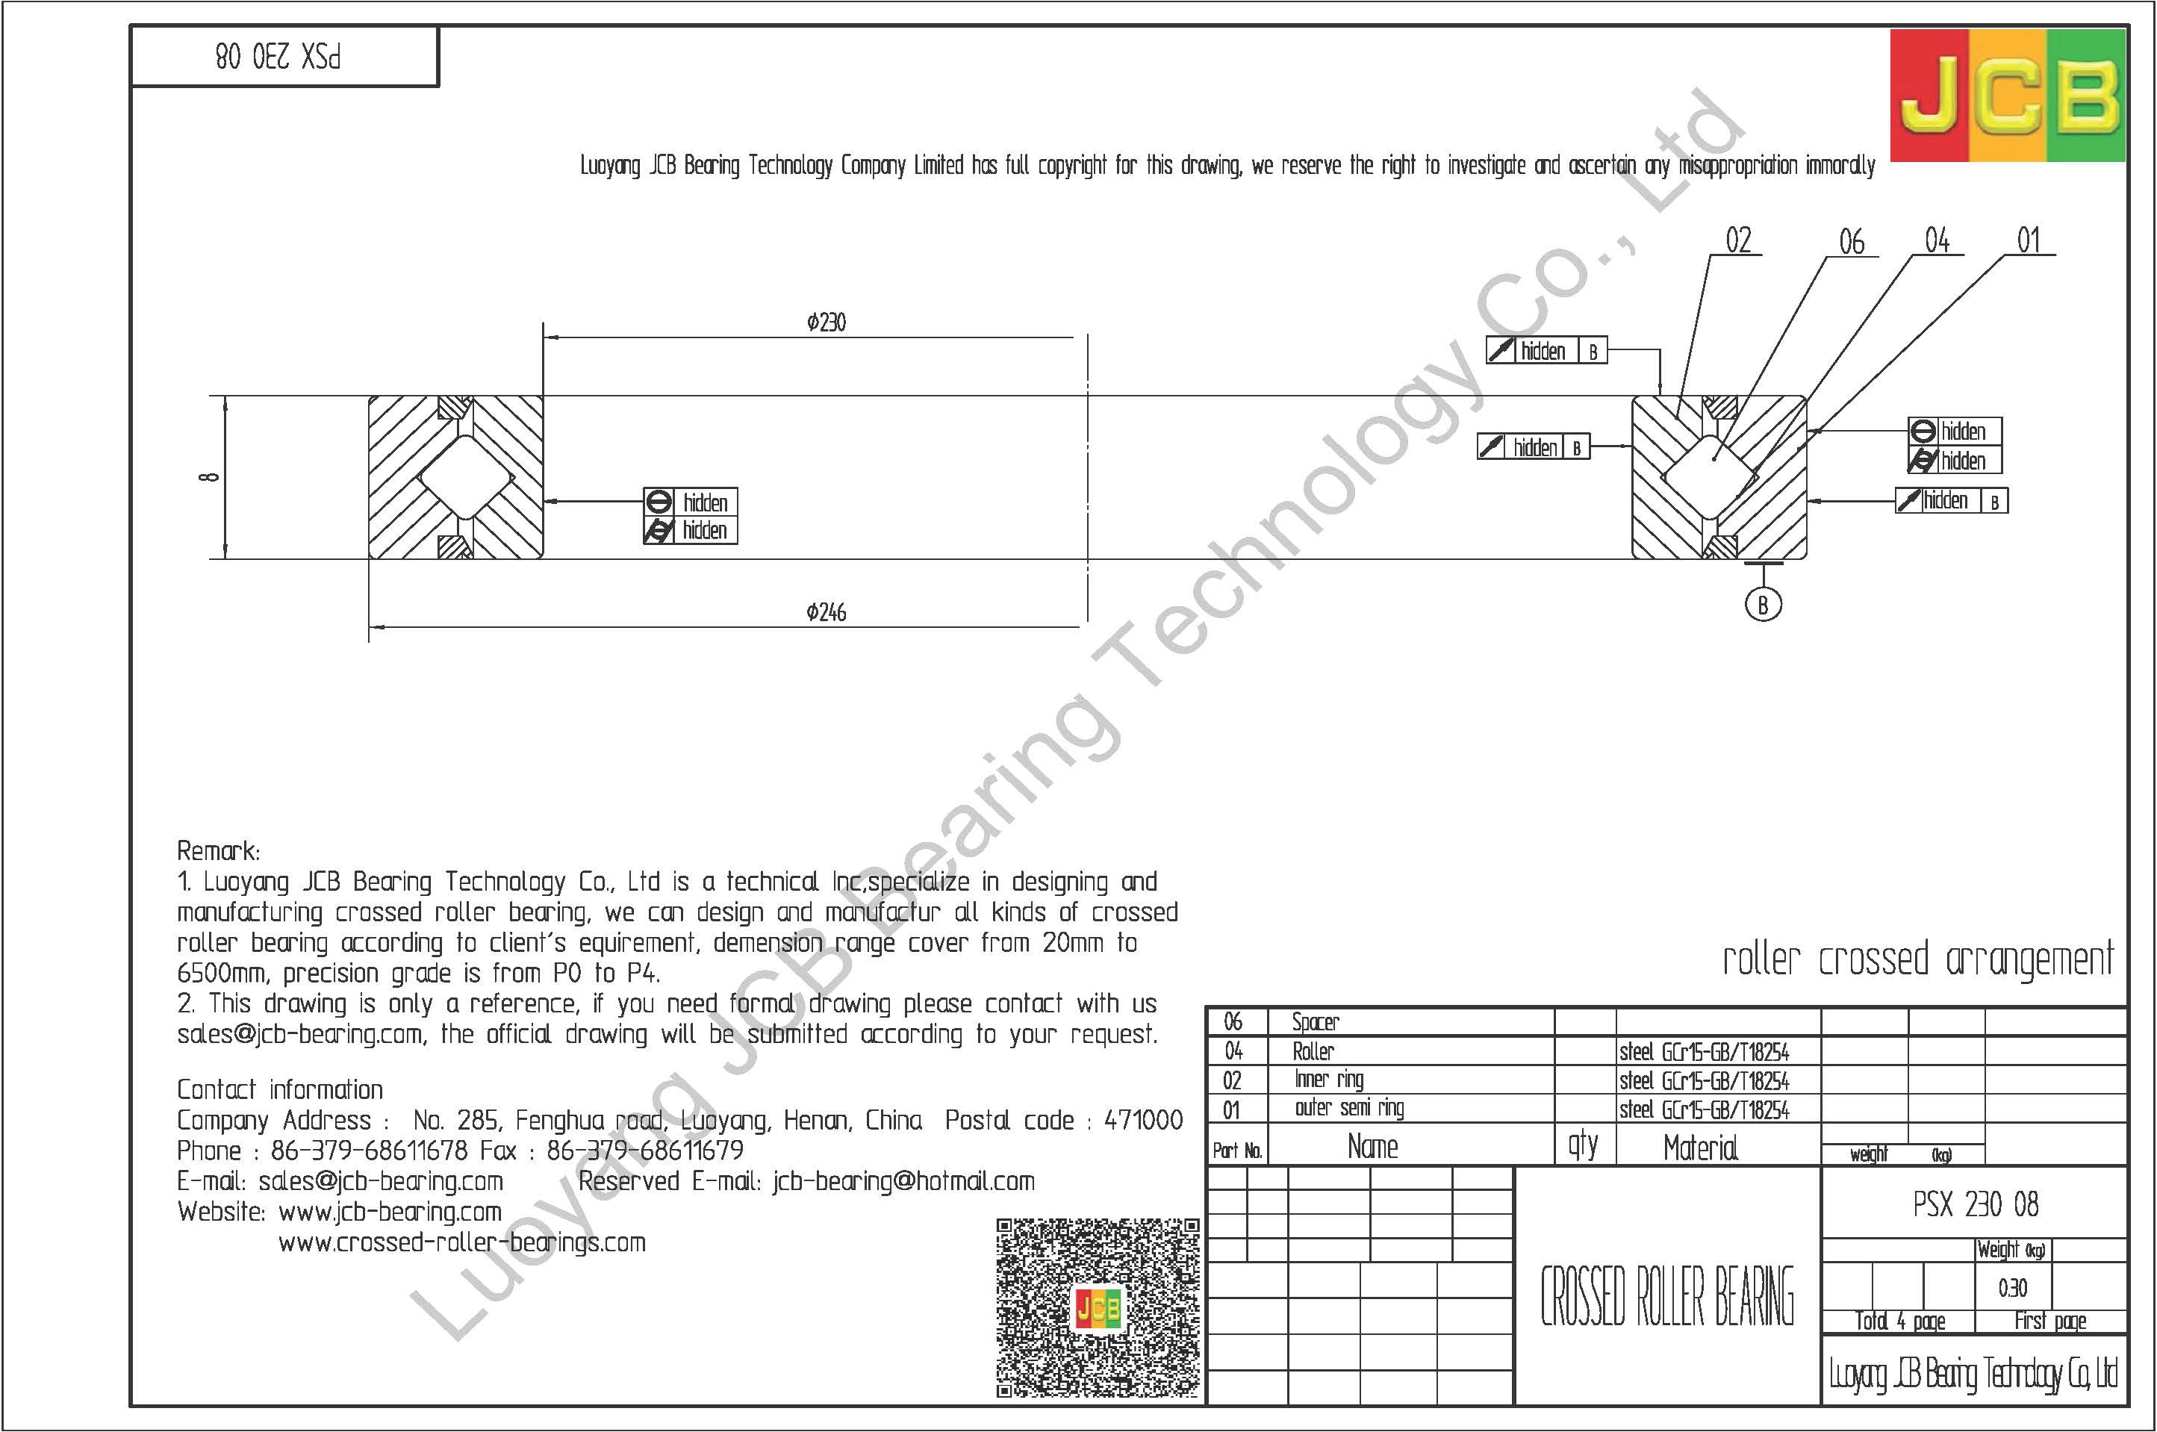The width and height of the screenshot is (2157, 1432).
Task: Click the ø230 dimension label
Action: tap(827, 323)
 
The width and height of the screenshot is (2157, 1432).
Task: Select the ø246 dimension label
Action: tap(827, 613)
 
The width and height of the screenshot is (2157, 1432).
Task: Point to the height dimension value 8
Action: tap(211, 477)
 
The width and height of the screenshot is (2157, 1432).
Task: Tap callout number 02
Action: tap(1739, 241)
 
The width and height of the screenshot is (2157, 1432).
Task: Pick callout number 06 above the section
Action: tap(1851, 242)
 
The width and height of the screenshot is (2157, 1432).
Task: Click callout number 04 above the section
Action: tap(1937, 241)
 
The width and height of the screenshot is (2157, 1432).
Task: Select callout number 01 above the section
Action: tap(2029, 241)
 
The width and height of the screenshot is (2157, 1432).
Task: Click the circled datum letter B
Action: tap(1763, 605)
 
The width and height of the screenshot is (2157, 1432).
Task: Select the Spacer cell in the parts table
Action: tap(1315, 1022)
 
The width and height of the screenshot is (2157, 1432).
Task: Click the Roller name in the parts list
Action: tap(1313, 1051)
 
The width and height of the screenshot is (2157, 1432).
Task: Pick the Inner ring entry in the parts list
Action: tap(1329, 1080)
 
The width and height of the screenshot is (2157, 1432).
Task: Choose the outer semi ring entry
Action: tap(1349, 1109)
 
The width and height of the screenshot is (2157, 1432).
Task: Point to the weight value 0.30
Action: tap(2012, 1289)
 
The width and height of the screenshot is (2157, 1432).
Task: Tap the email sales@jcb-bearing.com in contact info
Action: tap(381, 1182)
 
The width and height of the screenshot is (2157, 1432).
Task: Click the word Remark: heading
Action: tap(218, 851)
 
